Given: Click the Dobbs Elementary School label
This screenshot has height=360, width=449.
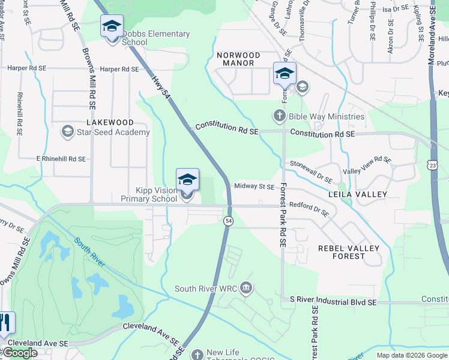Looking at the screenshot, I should pos(156,38).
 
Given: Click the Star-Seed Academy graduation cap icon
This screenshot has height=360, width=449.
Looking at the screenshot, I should pos(68,131).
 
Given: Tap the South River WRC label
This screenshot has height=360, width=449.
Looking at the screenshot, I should pos(206,289).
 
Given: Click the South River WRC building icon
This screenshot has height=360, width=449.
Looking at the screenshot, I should pos(246,289).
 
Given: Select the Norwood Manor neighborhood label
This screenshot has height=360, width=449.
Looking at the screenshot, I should pos(239,59).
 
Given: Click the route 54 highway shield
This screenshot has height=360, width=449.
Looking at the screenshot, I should pos(229,221).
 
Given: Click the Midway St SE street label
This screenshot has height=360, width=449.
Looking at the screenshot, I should pos(254,187).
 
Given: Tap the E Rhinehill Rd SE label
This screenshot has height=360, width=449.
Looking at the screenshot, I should pos(61,159).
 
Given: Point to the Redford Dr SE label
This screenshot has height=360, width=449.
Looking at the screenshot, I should pos(309,207).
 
